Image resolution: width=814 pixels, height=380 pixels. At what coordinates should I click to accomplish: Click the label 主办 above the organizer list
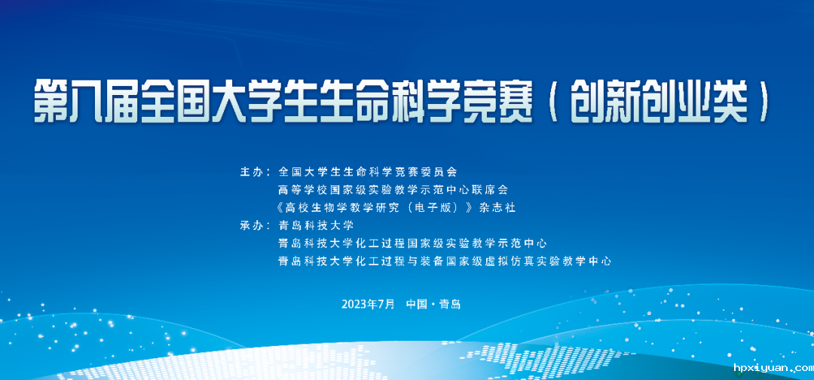[252, 172]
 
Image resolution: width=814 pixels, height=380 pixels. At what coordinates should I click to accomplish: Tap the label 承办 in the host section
[252, 226]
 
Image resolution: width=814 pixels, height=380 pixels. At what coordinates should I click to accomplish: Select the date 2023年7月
[368, 304]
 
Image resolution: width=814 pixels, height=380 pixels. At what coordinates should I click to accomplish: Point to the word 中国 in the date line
[417, 304]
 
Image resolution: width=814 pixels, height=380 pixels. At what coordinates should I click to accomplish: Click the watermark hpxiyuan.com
[773, 368]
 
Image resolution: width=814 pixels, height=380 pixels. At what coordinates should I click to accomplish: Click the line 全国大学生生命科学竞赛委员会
[368, 172]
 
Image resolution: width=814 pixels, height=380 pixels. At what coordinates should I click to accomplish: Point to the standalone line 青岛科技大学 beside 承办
[316, 226]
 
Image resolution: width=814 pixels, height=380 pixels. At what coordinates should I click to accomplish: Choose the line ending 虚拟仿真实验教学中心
[445, 262]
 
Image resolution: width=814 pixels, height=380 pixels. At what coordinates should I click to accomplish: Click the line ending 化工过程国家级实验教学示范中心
[413, 244]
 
